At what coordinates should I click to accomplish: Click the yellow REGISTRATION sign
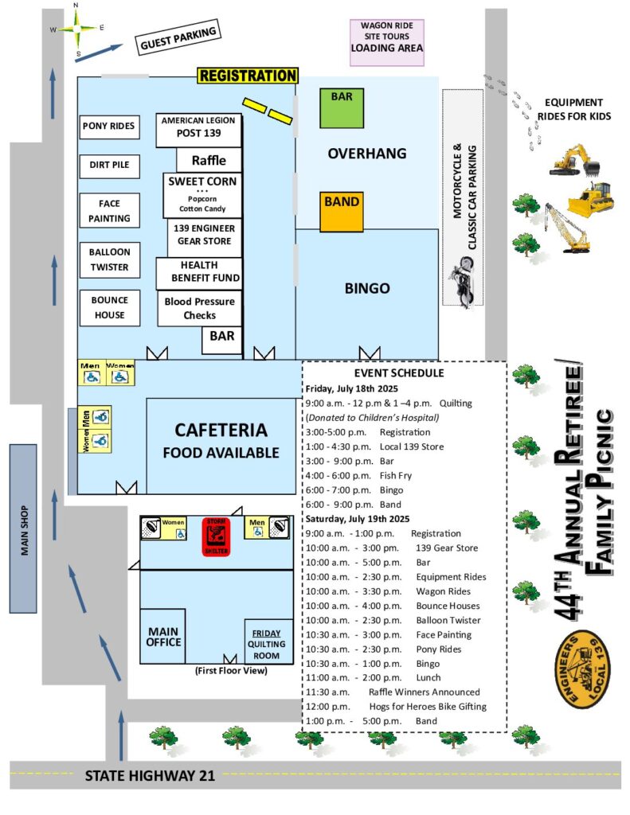coord(248,76)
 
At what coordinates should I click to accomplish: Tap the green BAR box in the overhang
coord(342,108)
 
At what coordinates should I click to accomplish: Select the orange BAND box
coord(342,211)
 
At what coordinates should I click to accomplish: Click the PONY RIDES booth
coord(109,126)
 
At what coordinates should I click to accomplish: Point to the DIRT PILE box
coord(109,166)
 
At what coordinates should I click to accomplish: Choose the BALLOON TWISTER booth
coord(109,259)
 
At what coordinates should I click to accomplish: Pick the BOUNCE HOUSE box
coord(109,308)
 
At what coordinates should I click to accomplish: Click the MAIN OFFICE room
coord(163,636)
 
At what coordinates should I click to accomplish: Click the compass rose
coord(77,29)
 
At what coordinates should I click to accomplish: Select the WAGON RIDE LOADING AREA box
coord(386,42)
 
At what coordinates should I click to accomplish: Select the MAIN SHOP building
coord(23,528)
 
